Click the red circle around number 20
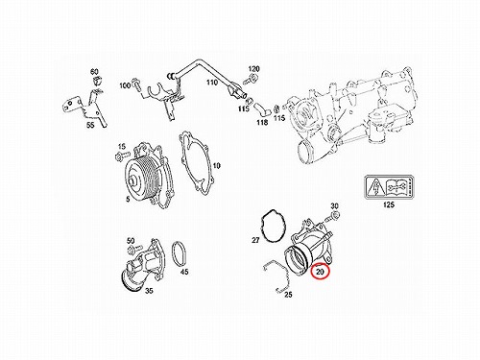pyautogui.click(x=320, y=272)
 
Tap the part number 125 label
pyautogui.click(x=389, y=204)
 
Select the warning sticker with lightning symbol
pyautogui.click(x=389, y=187)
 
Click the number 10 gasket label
pyautogui.click(x=217, y=166)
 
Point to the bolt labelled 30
pyautogui.click(x=332, y=217)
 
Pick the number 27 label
pyautogui.click(x=255, y=240)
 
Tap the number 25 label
pyautogui.click(x=288, y=295)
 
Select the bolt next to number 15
pyautogui.click(x=122, y=157)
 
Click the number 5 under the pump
pyautogui.click(x=128, y=199)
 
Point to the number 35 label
pyautogui.click(x=149, y=291)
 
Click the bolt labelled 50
pyautogui.click(x=134, y=249)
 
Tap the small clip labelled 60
pyautogui.click(x=96, y=82)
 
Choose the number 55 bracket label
pyautogui.click(x=90, y=125)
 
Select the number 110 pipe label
pyautogui.click(x=212, y=83)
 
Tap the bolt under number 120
pyautogui.click(x=250, y=79)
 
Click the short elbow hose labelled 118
pyautogui.click(x=262, y=108)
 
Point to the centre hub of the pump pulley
pyautogui.click(x=132, y=182)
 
